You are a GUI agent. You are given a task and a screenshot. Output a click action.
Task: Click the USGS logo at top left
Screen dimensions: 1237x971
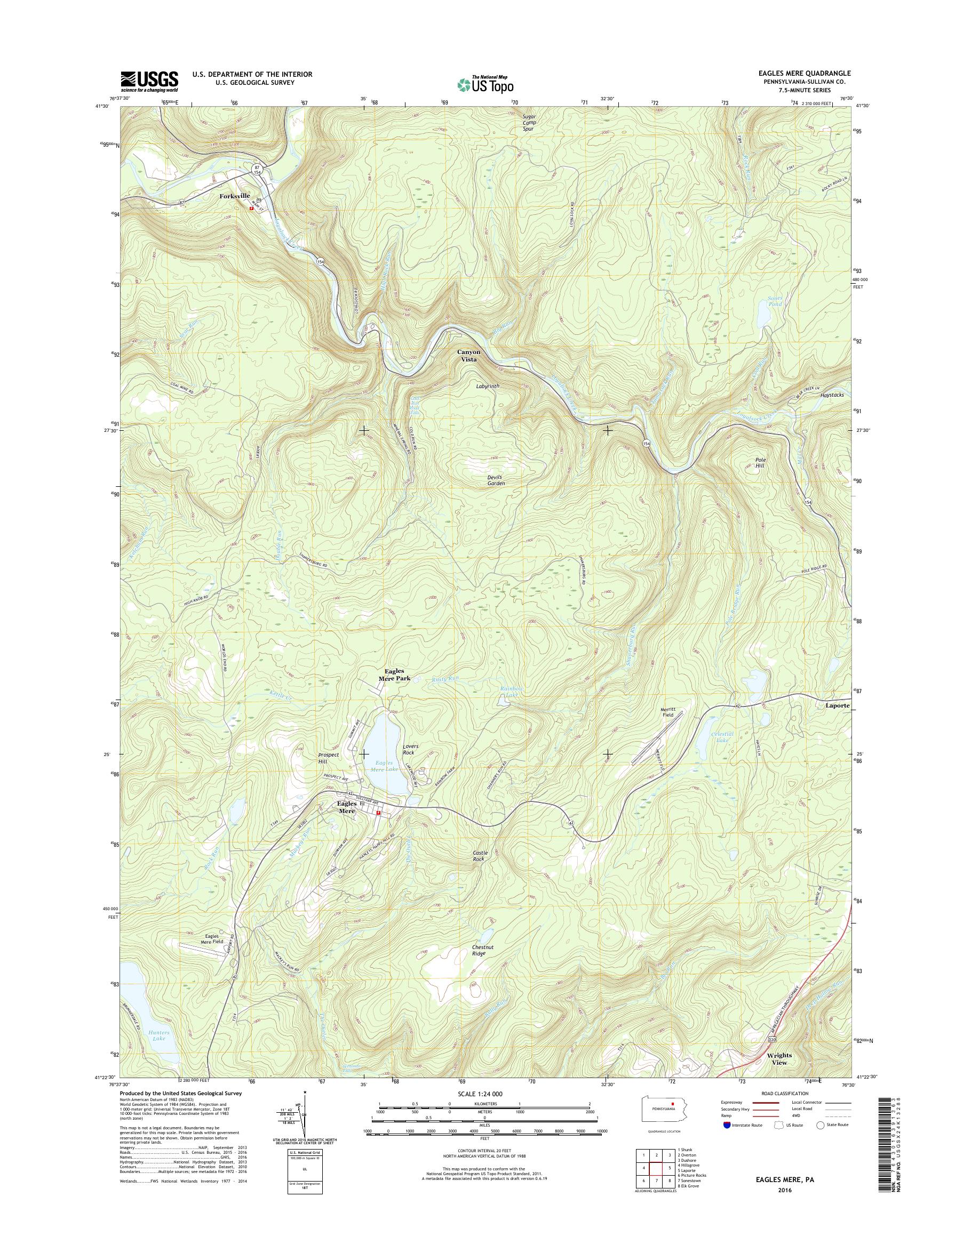pos(149,81)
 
